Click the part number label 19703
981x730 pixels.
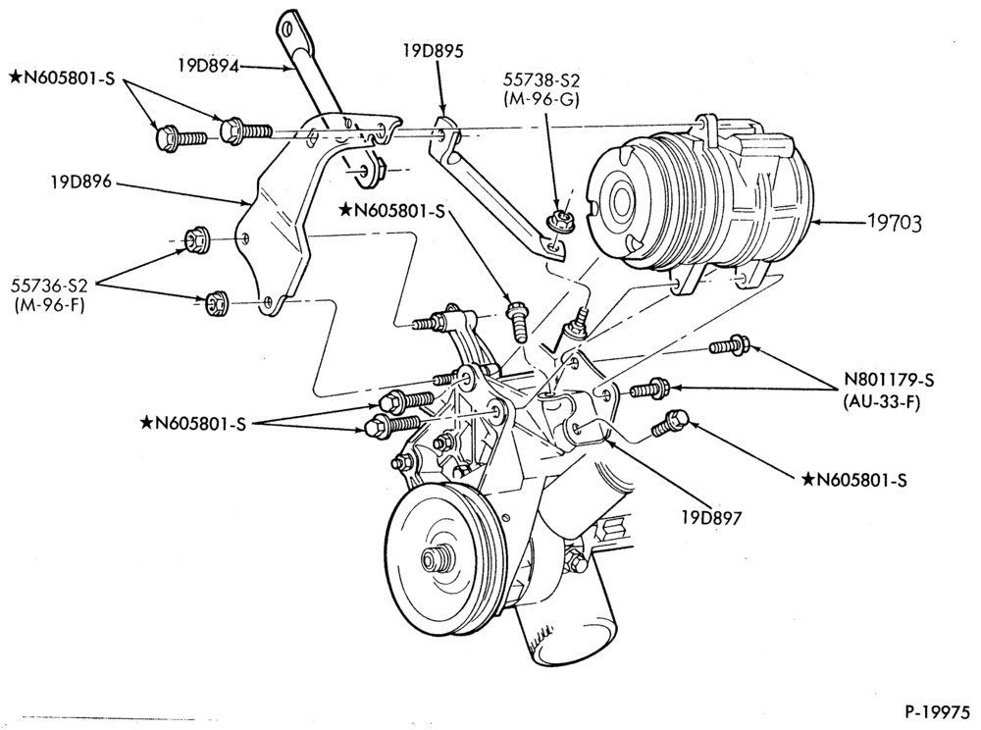894,223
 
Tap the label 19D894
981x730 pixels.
208,66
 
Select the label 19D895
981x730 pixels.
434,51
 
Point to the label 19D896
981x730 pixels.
81,182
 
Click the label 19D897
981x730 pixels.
711,517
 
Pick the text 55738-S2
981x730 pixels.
542,80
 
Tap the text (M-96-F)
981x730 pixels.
49,306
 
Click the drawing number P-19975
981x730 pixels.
937,712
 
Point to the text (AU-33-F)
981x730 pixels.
882,402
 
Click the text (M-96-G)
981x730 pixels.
542,99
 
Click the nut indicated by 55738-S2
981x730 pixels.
559,220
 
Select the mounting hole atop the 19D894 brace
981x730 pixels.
288,28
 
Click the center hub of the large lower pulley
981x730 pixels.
432,557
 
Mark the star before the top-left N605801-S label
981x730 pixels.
16,77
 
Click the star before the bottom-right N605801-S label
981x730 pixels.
807,479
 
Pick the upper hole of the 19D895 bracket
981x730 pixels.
442,133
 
